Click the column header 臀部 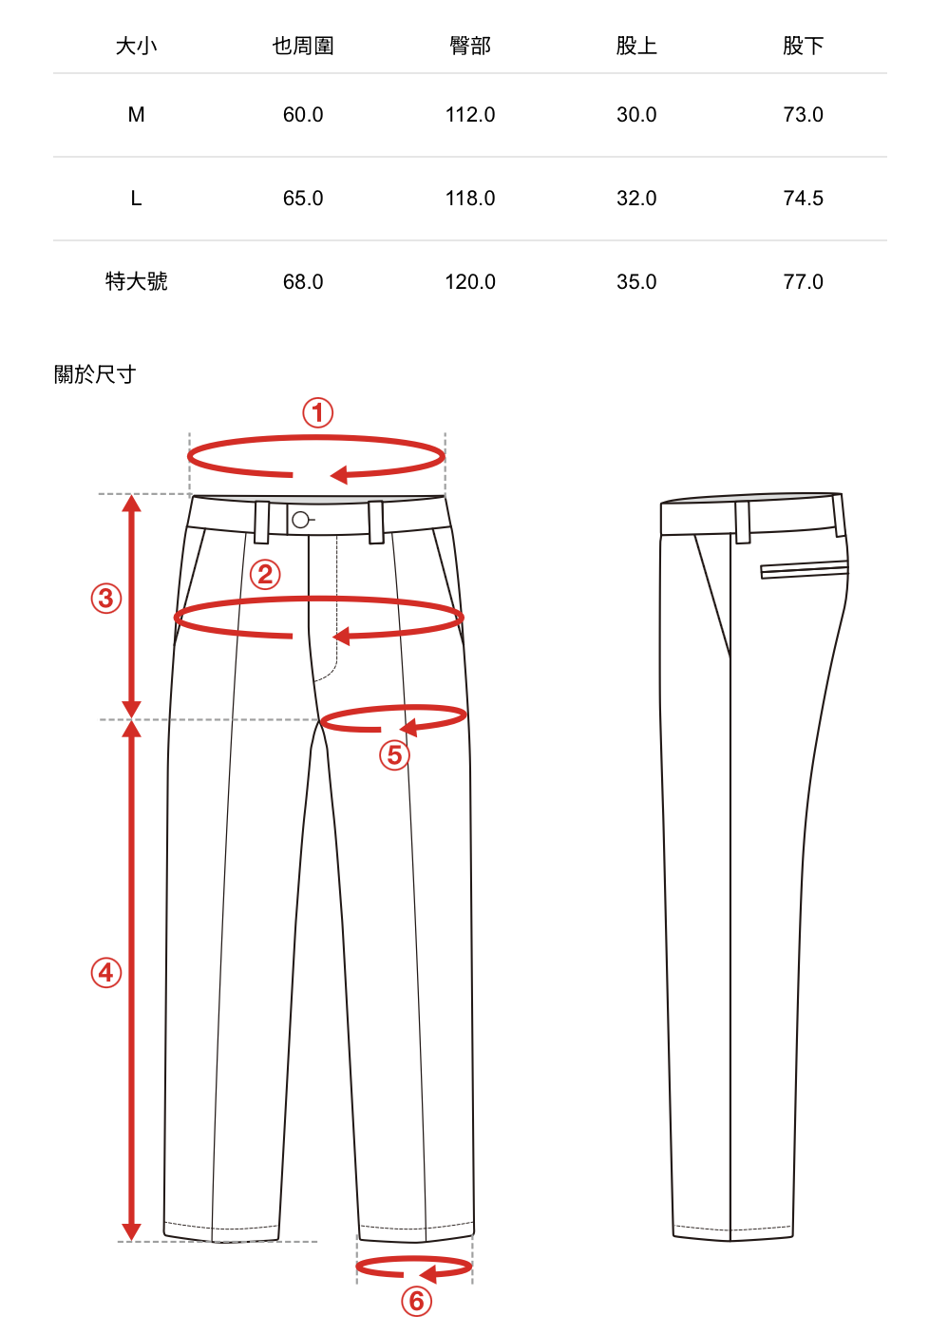point(470,46)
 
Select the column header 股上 point(636,46)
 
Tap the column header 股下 point(803,46)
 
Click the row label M point(137,115)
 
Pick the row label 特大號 point(137,281)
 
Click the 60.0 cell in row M point(303,115)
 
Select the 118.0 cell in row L point(470,199)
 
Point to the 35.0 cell point(636,282)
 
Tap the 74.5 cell point(803,199)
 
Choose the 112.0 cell point(470,115)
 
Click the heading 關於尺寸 point(95,374)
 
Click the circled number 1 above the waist point(318,412)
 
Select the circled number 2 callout point(266,574)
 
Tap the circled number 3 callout point(106,599)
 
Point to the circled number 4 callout point(106,972)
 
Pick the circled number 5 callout point(394,755)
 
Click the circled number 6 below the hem point(416,1301)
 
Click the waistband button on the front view point(300,520)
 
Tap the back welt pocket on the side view point(804,570)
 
